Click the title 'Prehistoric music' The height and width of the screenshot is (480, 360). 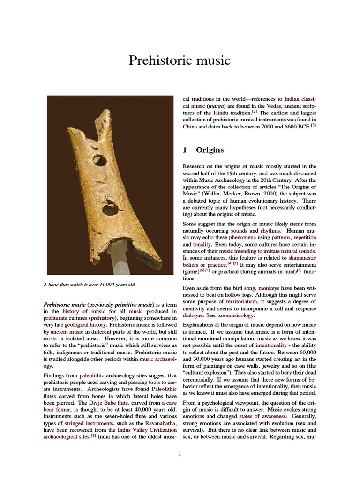[x=180, y=60]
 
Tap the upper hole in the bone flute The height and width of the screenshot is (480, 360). [x=99, y=160]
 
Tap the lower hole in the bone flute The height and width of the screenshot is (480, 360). [x=110, y=207]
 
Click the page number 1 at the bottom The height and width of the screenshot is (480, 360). [x=180, y=453]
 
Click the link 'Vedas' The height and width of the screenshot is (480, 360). [x=274, y=106]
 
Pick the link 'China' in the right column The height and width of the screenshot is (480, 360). [x=189, y=127]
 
